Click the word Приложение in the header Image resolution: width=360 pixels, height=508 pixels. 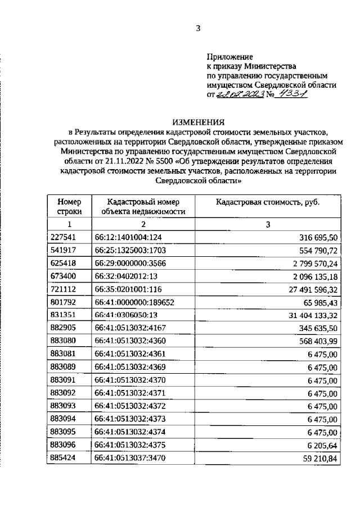tap(229, 57)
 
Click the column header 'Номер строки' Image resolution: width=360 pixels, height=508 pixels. tap(69, 206)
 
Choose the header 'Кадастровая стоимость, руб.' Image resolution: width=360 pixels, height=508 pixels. tap(268, 202)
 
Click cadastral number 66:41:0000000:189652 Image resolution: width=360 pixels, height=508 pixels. tap(135, 302)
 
